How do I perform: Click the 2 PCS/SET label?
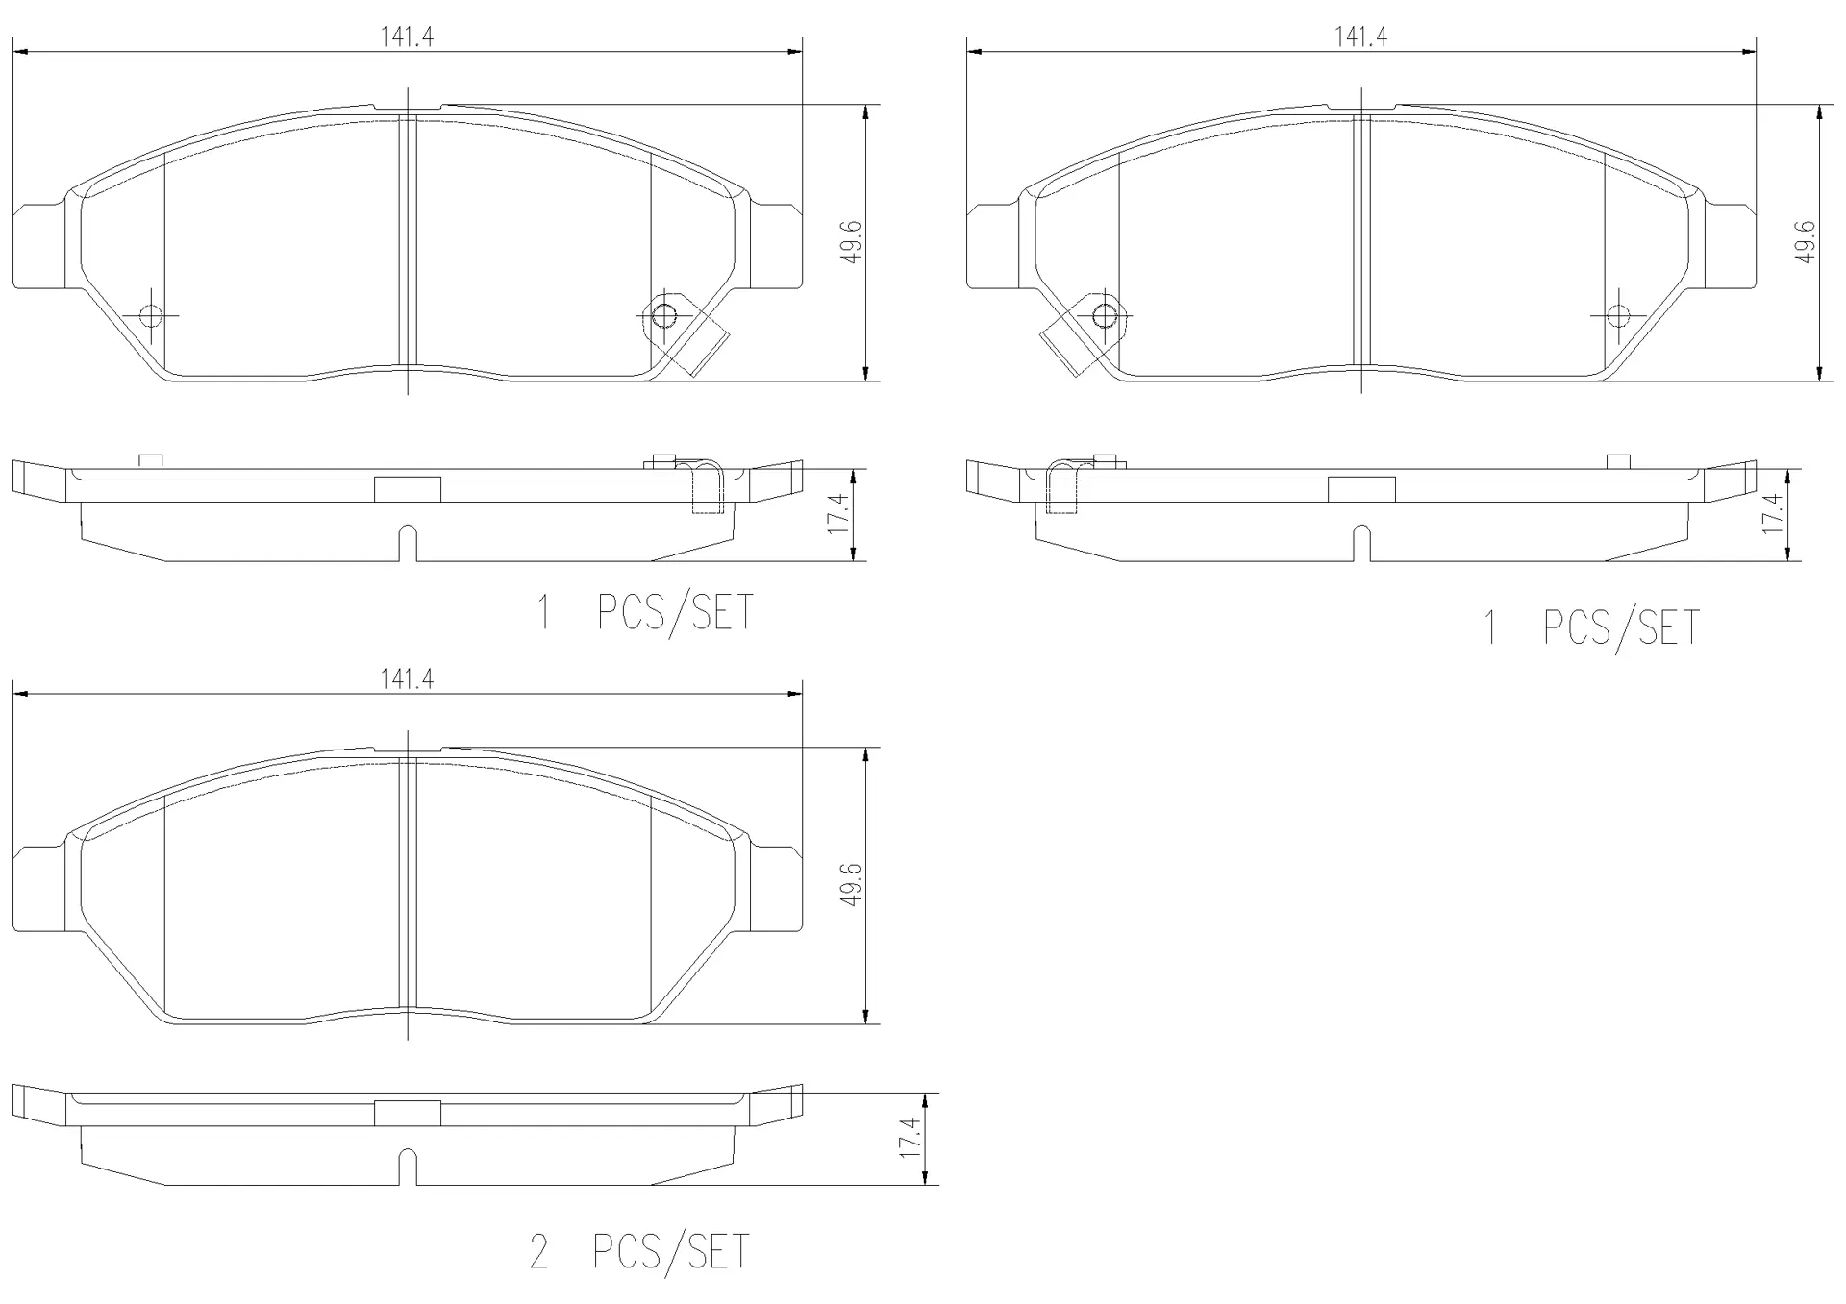638,1251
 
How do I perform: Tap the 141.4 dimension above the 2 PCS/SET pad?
407,679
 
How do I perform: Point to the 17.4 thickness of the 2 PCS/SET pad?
911,1138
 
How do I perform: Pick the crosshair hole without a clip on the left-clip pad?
1618,314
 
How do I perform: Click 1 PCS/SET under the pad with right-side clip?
645,612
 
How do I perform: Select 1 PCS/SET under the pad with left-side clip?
1592,627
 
